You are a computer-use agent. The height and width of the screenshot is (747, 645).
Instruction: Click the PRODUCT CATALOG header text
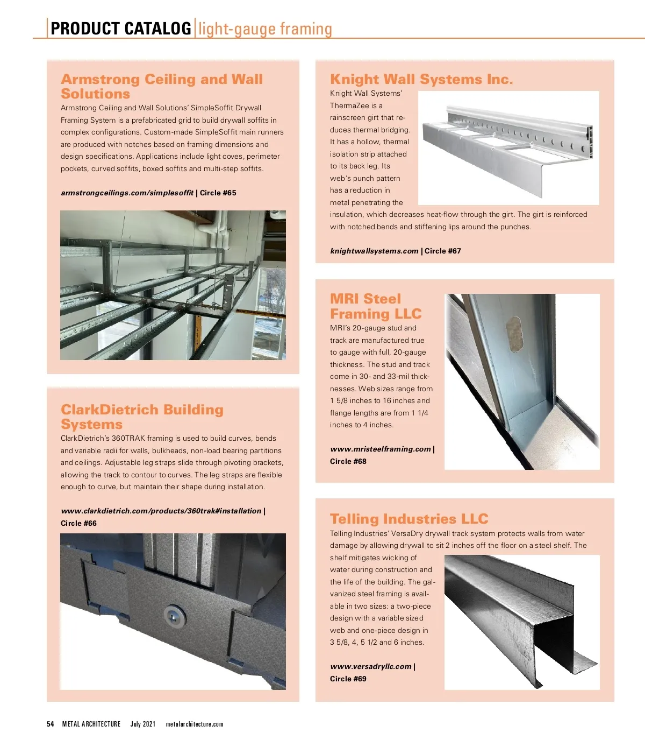[x=121, y=28]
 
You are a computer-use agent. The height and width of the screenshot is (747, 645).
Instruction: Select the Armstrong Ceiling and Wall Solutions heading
[x=161, y=86]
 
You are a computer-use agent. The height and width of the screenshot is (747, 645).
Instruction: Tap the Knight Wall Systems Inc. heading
[x=421, y=80]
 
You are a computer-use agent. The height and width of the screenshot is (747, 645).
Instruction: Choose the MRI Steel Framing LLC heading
[x=375, y=306]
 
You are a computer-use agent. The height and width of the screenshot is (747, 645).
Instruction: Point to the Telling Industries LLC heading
[x=409, y=519]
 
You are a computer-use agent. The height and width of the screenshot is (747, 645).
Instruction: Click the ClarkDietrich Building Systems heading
[x=142, y=417]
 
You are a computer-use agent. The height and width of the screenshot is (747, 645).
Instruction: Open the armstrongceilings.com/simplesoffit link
[x=127, y=193]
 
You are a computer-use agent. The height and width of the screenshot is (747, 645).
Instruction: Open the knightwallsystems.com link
[x=374, y=251]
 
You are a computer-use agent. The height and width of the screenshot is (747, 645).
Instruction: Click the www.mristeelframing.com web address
[x=381, y=449]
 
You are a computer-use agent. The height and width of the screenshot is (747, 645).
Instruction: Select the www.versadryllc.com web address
[x=371, y=666]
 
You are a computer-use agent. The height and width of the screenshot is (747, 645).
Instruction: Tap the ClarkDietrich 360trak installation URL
[x=161, y=511]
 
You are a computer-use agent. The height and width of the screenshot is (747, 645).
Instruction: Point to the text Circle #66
[x=78, y=523]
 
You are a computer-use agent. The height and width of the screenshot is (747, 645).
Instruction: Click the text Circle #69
[x=348, y=679]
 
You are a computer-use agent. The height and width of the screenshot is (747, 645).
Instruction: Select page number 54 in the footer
[x=51, y=724]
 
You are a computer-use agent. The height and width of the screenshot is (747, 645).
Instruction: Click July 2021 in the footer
[x=143, y=724]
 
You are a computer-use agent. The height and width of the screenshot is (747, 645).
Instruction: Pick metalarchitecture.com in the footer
[x=195, y=724]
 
